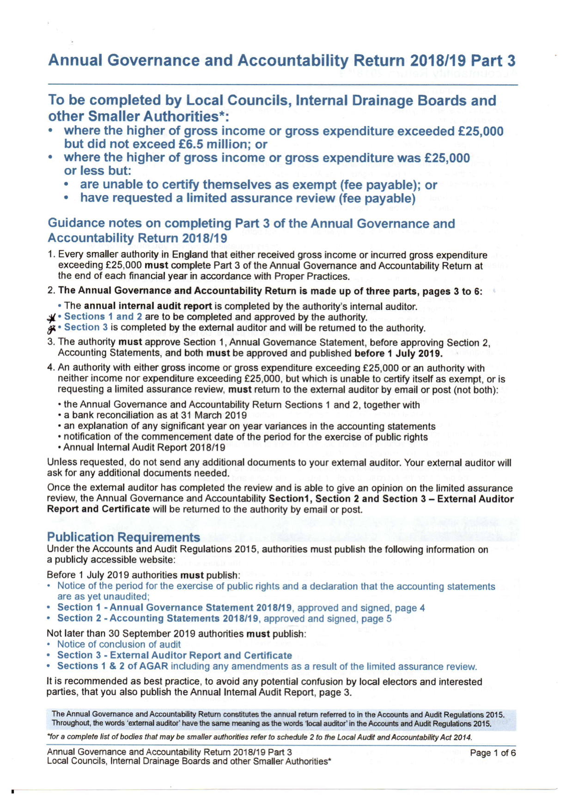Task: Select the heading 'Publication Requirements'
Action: point(123,537)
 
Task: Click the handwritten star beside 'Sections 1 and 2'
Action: point(53,317)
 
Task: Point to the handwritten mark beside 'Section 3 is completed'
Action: point(52,329)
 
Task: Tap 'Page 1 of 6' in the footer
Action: point(493,753)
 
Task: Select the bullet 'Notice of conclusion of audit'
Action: point(119,644)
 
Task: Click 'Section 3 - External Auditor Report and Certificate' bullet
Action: point(175,655)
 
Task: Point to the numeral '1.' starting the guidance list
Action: point(52,255)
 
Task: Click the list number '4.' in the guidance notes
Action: point(52,368)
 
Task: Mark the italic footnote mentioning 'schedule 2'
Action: point(259,737)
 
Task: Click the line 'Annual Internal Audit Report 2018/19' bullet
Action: point(144,447)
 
